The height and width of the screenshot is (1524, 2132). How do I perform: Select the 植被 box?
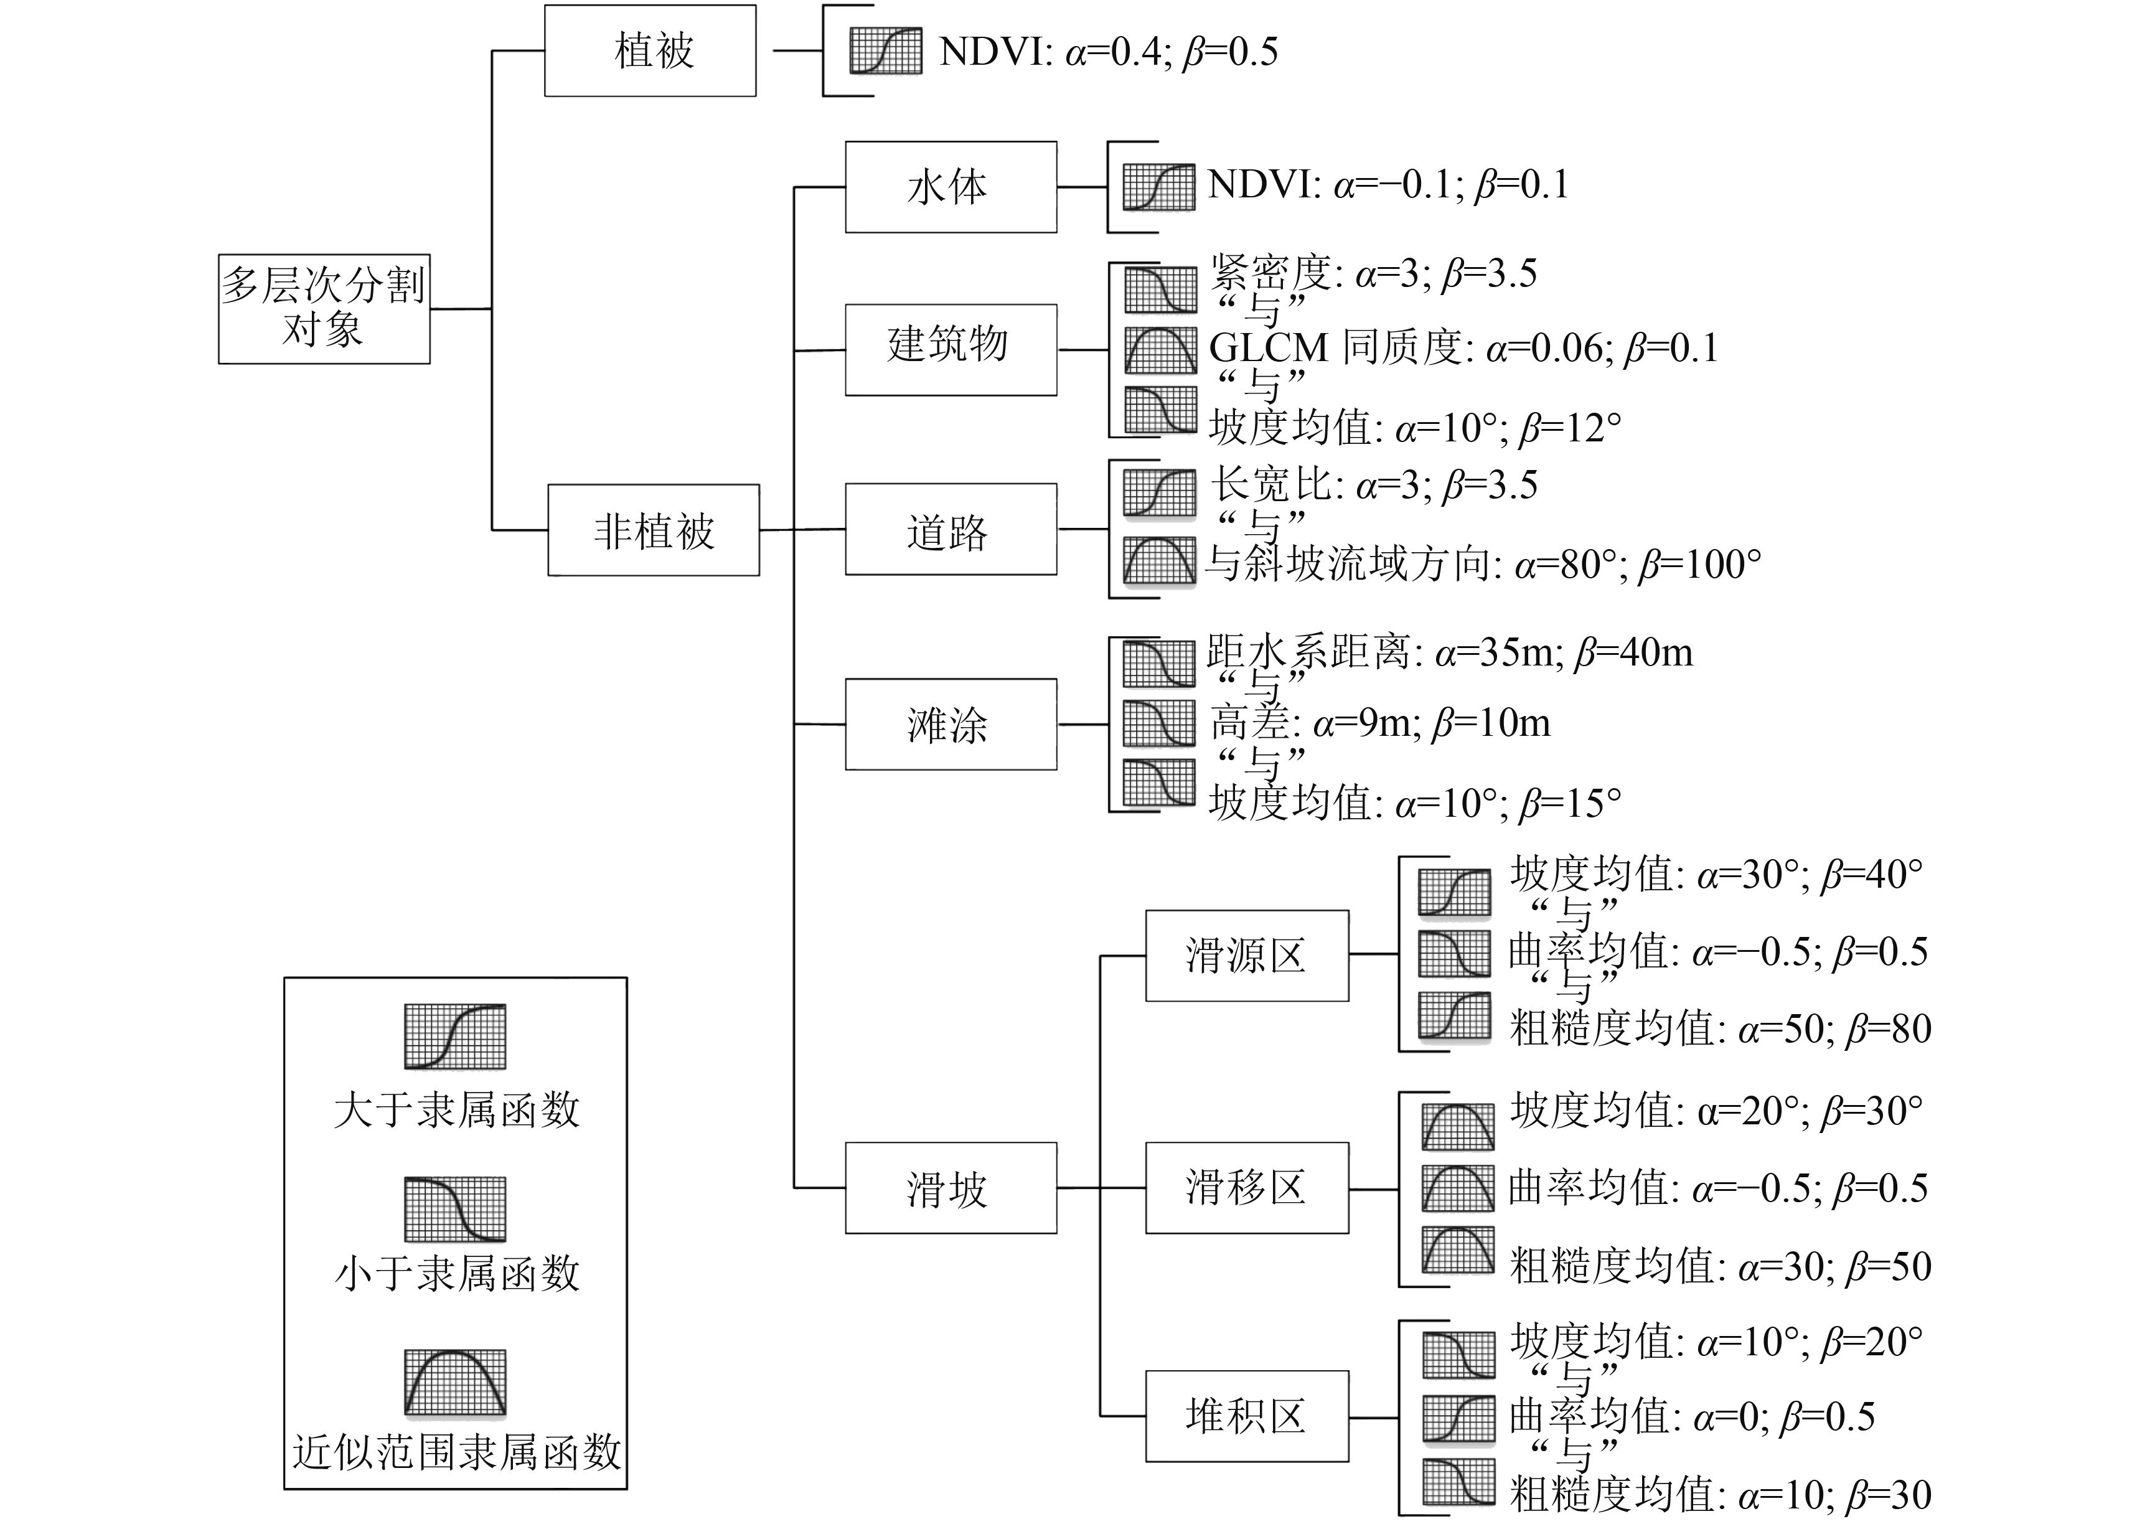click(650, 50)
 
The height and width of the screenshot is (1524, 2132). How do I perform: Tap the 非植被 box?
click(653, 530)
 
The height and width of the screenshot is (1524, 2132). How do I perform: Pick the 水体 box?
click(951, 187)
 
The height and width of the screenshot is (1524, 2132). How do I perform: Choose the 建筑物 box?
click(951, 349)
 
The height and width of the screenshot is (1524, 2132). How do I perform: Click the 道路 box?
click(951, 529)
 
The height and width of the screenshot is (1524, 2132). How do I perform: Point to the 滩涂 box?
click(951, 725)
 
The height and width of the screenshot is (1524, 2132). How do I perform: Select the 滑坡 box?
click(951, 1188)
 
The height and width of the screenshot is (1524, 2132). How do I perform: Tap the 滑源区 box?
click(1246, 956)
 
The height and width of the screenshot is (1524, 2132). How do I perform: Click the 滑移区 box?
click(1246, 1188)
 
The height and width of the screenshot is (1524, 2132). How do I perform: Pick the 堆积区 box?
click(1246, 1416)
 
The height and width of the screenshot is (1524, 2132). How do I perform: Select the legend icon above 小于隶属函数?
click(455, 1209)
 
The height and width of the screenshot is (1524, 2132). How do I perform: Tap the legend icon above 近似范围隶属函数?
click(455, 1381)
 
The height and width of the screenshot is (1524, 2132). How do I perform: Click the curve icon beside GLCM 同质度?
click(1161, 349)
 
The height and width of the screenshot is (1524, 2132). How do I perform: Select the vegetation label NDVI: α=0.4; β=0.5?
click(1108, 52)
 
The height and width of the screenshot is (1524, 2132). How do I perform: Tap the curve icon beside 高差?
click(1160, 723)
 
